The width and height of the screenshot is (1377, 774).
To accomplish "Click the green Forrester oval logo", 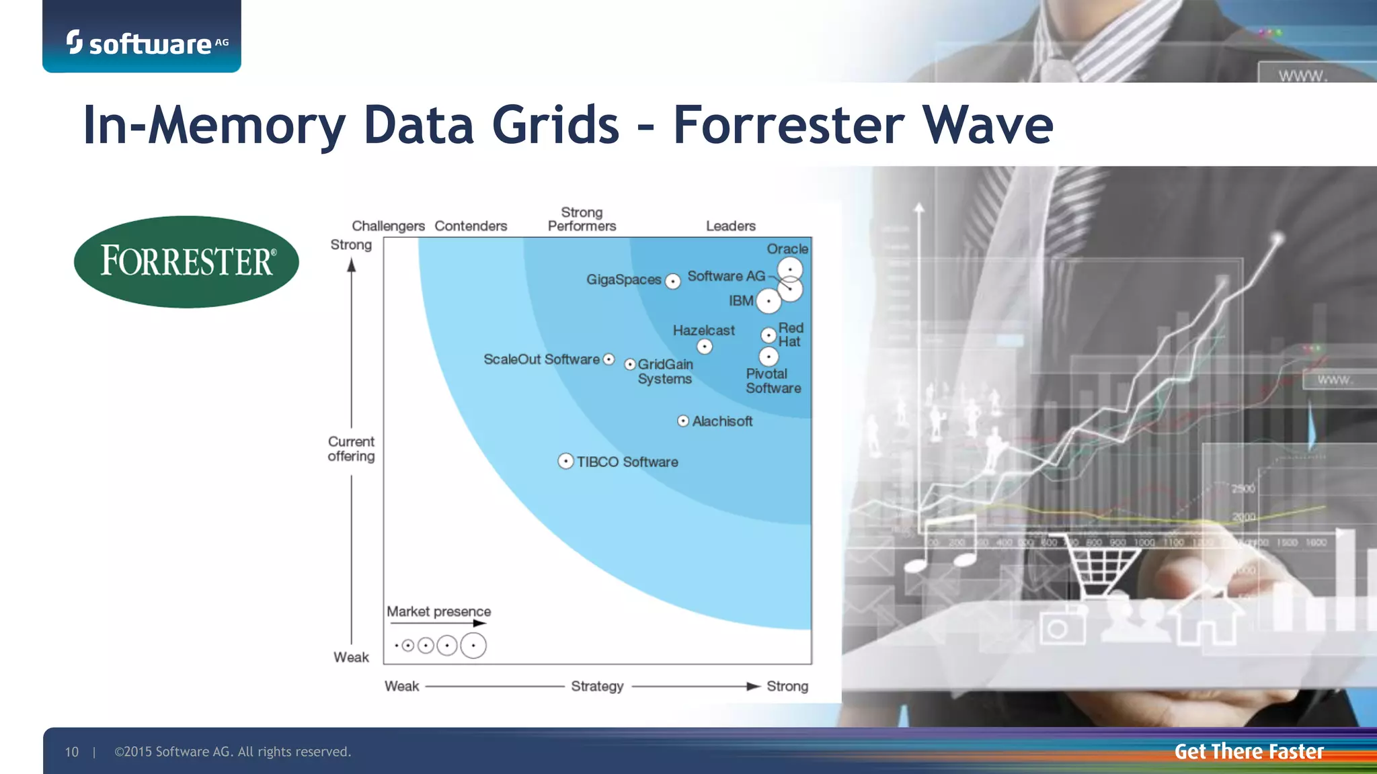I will [186, 261].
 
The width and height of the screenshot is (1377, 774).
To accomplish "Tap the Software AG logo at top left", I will [147, 43].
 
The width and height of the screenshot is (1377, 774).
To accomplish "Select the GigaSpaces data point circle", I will [672, 282].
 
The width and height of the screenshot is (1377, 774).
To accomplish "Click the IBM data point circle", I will [769, 301].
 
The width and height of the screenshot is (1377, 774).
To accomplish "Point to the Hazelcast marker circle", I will [704, 347].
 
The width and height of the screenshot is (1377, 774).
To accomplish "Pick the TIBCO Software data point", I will [566, 462].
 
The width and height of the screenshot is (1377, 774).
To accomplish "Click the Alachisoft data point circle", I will [683, 421].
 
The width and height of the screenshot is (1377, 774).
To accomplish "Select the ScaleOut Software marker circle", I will [608, 359].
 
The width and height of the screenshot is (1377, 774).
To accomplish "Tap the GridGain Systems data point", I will [630, 364].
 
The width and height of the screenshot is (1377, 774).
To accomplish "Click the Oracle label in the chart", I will [787, 249].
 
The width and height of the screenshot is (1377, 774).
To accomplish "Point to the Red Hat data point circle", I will [769, 335].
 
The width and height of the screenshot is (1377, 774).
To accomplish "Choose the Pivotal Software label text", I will [773, 381].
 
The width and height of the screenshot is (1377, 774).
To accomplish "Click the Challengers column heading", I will [388, 226].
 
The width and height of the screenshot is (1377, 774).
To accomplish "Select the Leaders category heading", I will [730, 226].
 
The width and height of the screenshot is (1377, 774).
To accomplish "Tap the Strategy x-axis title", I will [597, 686].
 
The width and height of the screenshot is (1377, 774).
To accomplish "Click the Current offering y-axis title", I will [351, 449].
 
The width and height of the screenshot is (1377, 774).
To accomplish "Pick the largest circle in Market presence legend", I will [473, 646].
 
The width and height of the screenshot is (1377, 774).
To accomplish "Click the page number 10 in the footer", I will [72, 752].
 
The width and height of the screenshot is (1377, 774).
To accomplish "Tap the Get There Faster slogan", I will [1249, 751].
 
